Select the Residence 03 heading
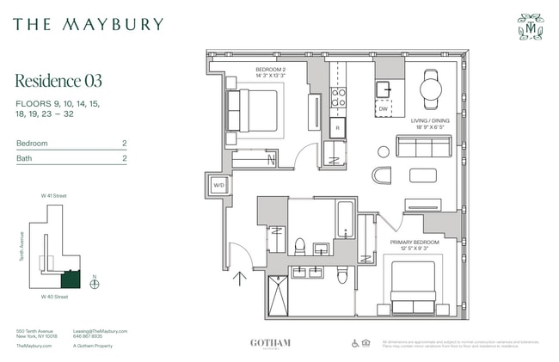pos(58,81)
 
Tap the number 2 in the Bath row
pos(124,158)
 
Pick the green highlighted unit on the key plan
pos(69,279)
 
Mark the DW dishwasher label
pos(383,109)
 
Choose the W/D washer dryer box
pos(220,185)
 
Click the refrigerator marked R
pos(338,126)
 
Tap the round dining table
pos(430,88)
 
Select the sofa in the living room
pos(423,146)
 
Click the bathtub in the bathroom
pos(345,219)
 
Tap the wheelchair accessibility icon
pos(355,342)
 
